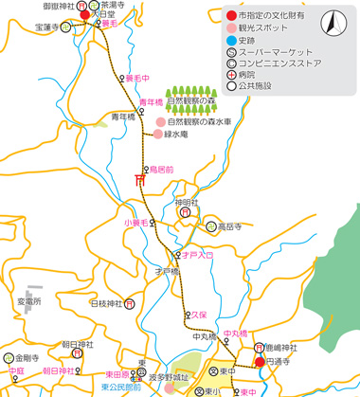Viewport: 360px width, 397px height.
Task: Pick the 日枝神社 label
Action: tap(106, 304)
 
